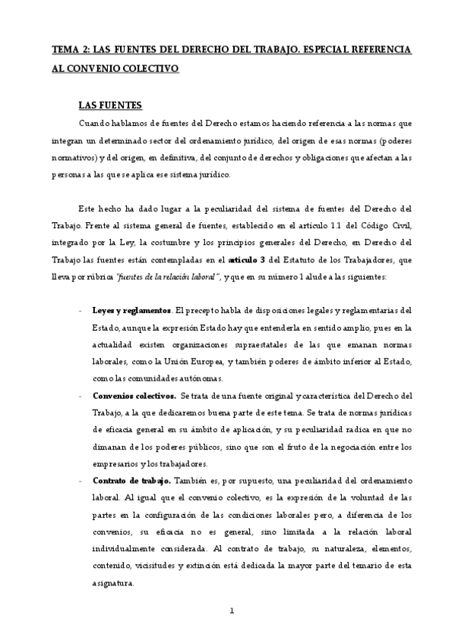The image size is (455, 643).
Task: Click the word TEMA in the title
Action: tap(65, 49)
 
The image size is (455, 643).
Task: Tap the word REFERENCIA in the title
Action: tap(374, 49)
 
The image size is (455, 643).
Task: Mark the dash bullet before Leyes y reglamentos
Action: tap(81, 310)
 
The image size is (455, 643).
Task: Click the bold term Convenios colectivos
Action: tap(134, 396)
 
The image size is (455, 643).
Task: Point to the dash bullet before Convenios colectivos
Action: tap(81, 396)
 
